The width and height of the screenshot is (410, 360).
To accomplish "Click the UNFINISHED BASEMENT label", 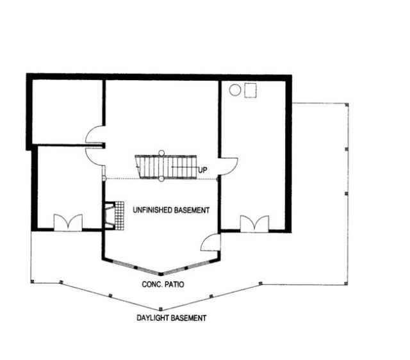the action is pyautogui.click(x=171, y=210).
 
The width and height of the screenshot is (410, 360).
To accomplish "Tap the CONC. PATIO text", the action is pyautogui.click(x=163, y=284).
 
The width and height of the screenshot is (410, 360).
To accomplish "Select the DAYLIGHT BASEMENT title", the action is pyautogui.click(x=172, y=318).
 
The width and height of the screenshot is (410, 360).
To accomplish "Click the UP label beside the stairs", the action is pyautogui.click(x=202, y=170).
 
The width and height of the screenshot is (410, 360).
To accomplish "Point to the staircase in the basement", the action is pyautogui.click(x=166, y=167).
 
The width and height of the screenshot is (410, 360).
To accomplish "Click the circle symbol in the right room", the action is pyautogui.click(x=235, y=90).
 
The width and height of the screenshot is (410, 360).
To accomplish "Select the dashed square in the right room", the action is pyautogui.click(x=250, y=90).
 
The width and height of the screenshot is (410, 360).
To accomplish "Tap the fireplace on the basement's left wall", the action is pyautogui.click(x=110, y=216).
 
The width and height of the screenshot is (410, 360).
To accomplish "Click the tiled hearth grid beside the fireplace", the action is pyautogui.click(x=119, y=216).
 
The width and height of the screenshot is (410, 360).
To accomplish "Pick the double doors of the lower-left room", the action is pyautogui.click(x=69, y=222).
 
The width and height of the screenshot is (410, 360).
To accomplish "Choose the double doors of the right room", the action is pyautogui.click(x=255, y=224).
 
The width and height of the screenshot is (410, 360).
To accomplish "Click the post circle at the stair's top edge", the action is pyautogui.click(x=161, y=152).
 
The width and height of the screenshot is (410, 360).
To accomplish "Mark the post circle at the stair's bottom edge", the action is pyautogui.click(x=161, y=179).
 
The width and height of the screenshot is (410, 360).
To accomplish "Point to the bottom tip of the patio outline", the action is pyautogui.click(x=161, y=309).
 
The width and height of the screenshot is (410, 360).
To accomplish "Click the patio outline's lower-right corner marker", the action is pyautogui.click(x=347, y=283).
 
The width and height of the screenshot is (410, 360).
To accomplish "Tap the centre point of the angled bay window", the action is pyautogui.click(x=161, y=274).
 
